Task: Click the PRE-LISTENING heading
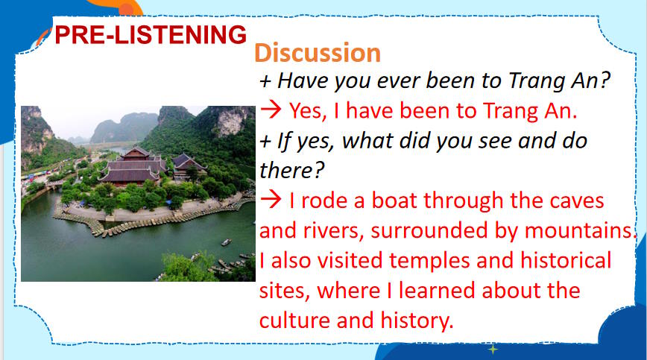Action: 151,34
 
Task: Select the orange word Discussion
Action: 318,53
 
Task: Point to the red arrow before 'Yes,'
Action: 271,111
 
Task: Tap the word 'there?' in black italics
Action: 291,171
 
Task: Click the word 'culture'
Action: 298,320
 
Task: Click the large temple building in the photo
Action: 135,165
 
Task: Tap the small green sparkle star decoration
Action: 492,349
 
